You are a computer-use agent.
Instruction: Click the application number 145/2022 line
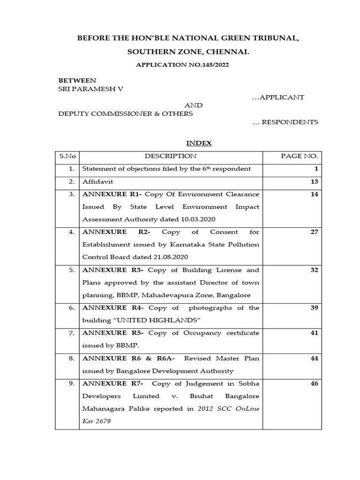(182, 65)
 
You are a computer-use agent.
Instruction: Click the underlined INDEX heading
(199, 143)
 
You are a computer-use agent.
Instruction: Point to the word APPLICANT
(278, 97)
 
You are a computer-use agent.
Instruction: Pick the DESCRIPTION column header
(171, 156)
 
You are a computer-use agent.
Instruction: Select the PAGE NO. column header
(299, 156)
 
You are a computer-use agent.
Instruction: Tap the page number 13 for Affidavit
(314, 181)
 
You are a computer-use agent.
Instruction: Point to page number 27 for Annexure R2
(314, 232)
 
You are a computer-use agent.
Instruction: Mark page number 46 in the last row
(314, 383)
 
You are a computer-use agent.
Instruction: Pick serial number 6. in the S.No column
(71, 307)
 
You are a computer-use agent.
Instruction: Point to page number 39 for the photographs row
(314, 307)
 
